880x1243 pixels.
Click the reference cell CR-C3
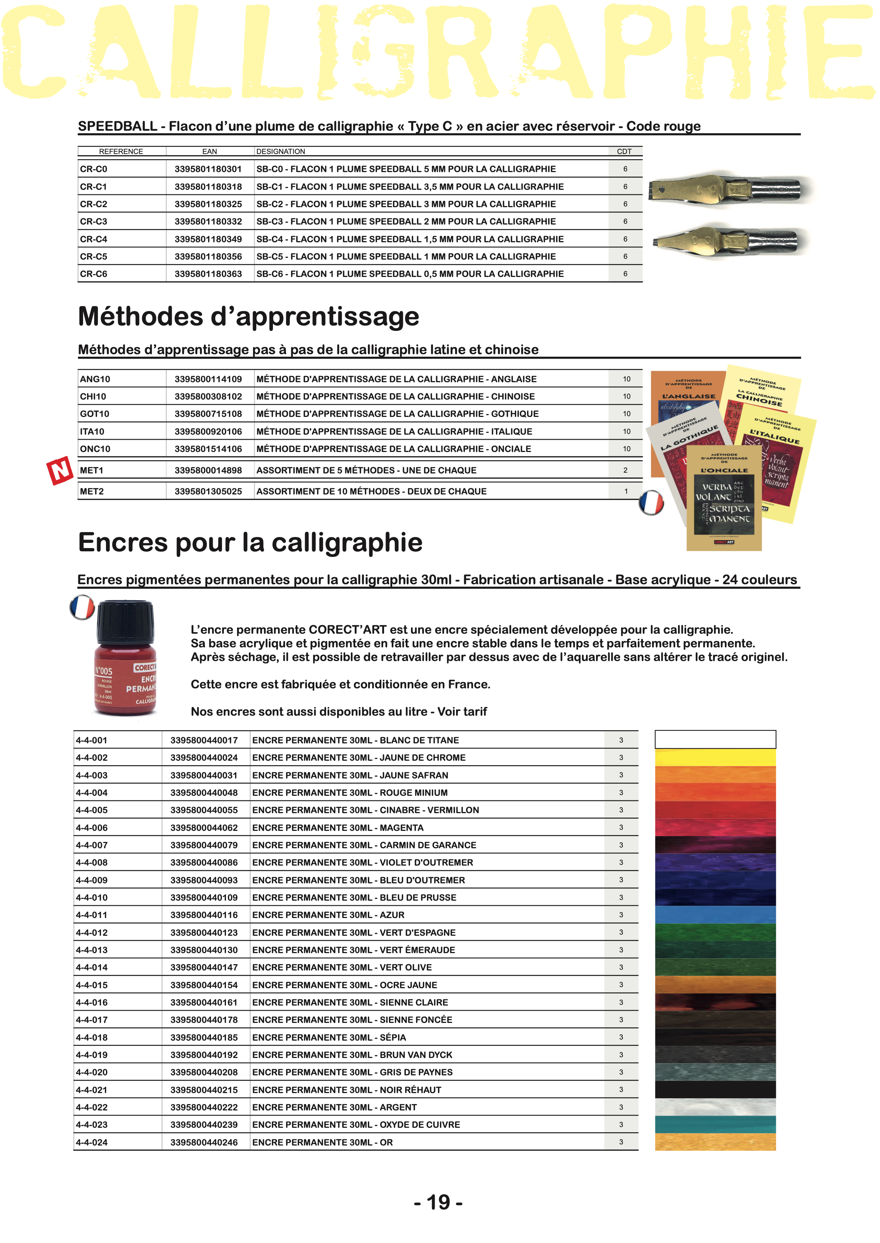click(94, 222)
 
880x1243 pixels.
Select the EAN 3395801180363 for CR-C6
click(208, 274)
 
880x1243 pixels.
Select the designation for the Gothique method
click(397, 414)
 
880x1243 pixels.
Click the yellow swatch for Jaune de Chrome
click(715, 757)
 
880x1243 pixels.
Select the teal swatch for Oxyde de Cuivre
click(715, 1124)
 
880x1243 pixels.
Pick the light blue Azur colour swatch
click(715, 915)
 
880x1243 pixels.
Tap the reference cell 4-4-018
click(92, 1037)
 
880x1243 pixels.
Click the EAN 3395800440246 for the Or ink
click(204, 1142)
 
